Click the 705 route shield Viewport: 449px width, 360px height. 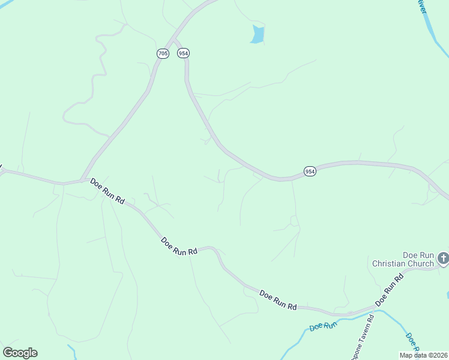click(x=163, y=53)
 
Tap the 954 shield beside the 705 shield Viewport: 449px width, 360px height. click(x=183, y=53)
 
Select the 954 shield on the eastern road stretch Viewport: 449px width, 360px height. click(x=309, y=172)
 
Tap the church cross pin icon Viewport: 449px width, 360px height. click(x=443, y=259)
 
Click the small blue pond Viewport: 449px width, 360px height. click(x=258, y=35)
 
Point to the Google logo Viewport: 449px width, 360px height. click(x=20, y=353)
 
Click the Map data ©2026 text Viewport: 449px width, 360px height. click(x=424, y=355)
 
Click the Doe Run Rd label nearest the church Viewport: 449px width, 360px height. click(x=390, y=290)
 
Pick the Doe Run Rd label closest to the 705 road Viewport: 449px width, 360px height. click(x=107, y=191)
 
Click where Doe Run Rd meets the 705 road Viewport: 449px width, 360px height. click(x=82, y=179)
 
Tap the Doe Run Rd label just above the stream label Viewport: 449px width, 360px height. click(x=278, y=299)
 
